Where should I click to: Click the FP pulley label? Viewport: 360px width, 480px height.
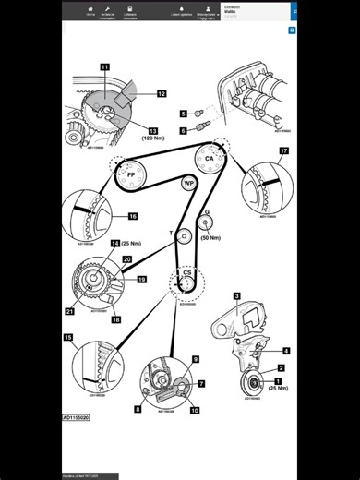(x=131, y=174)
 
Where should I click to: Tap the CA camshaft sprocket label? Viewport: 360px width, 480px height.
(x=210, y=158)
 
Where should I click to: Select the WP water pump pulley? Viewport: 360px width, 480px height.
(x=189, y=184)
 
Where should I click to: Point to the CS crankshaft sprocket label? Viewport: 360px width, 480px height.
(x=186, y=273)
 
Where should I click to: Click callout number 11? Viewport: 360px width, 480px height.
(x=104, y=68)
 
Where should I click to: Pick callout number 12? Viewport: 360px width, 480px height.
(x=162, y=94)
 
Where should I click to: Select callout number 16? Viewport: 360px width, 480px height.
(x=132, y=216)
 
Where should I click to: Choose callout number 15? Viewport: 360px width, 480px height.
(x=68, y=338)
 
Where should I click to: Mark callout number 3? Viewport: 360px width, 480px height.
(x=236, y=296)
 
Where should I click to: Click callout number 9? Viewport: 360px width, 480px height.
(x=195, y=358)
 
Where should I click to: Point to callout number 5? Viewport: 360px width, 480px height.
(x=183, y=114)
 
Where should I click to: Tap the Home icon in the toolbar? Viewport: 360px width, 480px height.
(x=90, y=12)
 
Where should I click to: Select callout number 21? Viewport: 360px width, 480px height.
(x=69, y=312)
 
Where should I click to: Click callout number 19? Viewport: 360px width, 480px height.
(x=142, y=279)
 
